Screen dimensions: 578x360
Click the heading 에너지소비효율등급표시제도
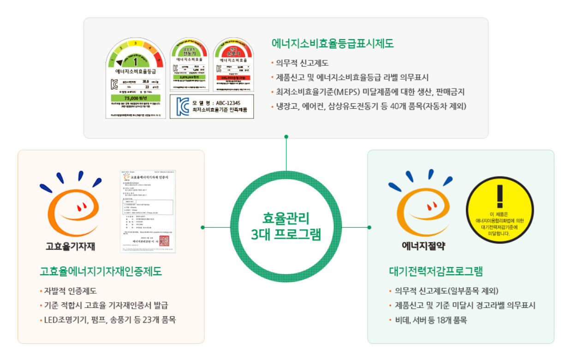pos(333,44)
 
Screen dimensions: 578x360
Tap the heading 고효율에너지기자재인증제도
pos(101,271)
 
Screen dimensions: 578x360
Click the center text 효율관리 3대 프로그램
pos(286,226)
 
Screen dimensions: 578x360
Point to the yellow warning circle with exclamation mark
pos(499,210)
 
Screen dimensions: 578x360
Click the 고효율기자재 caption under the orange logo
pos(70,246)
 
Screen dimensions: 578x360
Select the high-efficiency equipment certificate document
pos(148,212)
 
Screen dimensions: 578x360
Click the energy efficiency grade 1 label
pos(136,78)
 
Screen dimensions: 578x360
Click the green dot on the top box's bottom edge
pos(286,136)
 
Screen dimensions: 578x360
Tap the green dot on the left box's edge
pos(203,227)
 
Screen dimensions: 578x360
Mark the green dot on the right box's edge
pos(369,227)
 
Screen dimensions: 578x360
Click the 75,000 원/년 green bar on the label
pos(136,98)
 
